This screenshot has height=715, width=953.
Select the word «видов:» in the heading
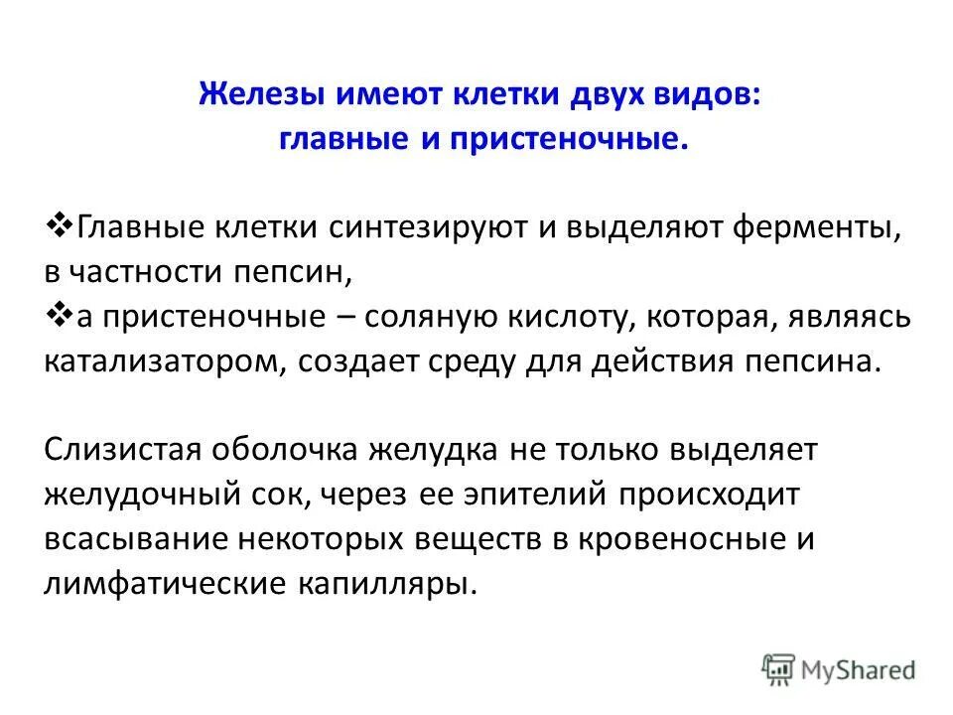point(716,96)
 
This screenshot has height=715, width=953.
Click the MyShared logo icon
point(779,670)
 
